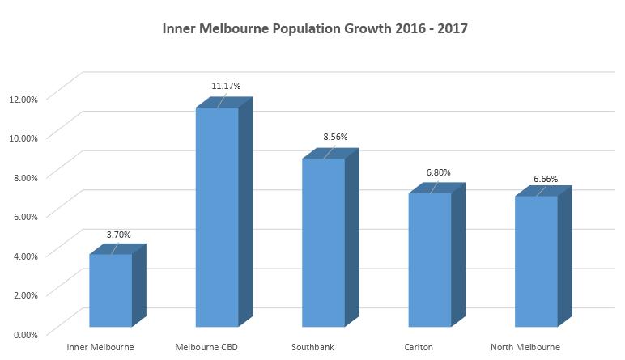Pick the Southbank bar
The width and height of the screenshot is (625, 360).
point(323,243)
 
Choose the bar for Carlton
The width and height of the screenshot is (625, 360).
point(430,260)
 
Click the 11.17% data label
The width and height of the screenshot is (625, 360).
point(226,85)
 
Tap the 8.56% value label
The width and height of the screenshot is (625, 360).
point(335,137)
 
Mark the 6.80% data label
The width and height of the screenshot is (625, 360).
point(437,172)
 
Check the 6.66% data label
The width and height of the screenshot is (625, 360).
point(545,179)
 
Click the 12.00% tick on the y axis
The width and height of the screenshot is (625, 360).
point(23,99)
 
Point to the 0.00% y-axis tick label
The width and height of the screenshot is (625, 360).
point(24,333)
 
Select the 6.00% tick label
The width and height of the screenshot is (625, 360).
point(24,216)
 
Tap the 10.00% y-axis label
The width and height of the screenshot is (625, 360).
point(23,138)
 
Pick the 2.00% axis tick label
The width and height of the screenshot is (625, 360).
point(24,294)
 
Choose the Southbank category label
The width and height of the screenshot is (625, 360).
point(312,348)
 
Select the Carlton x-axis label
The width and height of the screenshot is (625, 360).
point(419,348)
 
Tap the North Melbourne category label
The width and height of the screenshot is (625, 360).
point(525,348)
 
